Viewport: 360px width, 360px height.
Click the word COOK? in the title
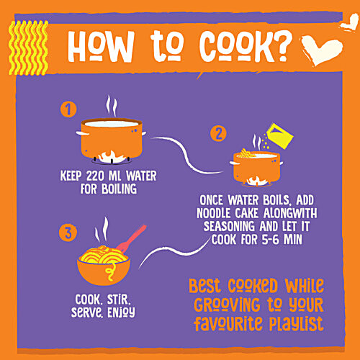point(246,46)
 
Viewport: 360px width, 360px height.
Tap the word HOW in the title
point(101,46)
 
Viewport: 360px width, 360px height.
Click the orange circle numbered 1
point(68,109)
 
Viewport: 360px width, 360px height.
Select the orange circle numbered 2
point(218,134)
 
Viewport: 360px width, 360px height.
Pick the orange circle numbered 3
point(68,233)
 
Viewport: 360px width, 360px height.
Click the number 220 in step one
point(95,176)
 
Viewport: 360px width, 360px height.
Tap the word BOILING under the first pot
point(119,189)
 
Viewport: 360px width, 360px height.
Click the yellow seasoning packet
point(280,135)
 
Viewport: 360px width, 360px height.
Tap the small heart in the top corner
point(349,24)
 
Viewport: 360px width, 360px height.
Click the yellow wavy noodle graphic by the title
point(29,48)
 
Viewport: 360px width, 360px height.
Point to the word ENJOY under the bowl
point(121,312)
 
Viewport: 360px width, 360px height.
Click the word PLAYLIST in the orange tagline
point(297,324)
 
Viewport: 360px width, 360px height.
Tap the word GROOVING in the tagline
point(227,305)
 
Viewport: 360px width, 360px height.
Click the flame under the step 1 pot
point(112,157)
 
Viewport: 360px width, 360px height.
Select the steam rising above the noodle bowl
point(102,230)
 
